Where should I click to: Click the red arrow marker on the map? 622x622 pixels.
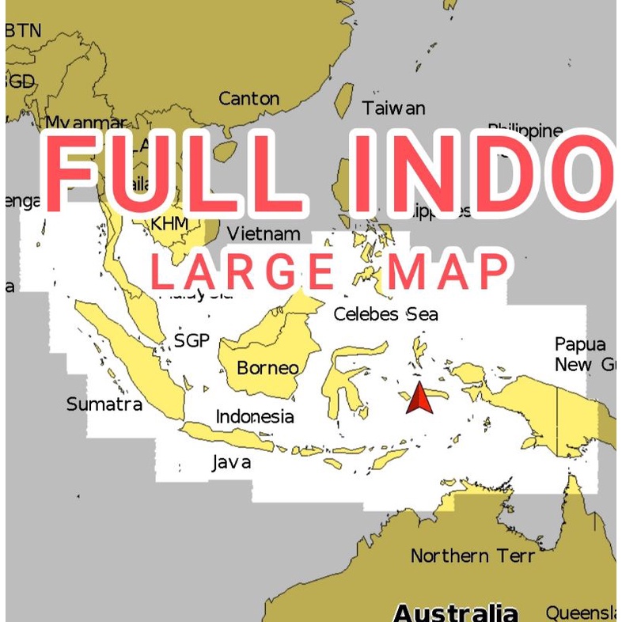[x=419, y=398]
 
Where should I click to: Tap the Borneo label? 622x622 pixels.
[x=267, y=368]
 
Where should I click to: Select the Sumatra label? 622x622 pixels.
[x=104, y=404]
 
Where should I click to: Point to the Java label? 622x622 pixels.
[x=231, y=462]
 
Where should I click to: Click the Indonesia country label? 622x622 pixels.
[x=255, y=417]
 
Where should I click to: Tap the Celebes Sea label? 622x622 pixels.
[x=385, y=314]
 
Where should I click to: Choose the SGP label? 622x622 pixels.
[x=192, y=341]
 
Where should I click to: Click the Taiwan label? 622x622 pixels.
[x=393, y=108]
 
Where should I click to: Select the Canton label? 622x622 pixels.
[x=248, y=99]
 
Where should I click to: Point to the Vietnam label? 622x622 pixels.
[x=264, y=233]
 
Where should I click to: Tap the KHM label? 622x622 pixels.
[x=169, y=223]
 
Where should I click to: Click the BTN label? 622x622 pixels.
[x=23, y=31]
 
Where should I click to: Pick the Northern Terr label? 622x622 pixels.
[x=472, y=556]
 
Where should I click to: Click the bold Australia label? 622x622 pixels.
[x=455, y=612]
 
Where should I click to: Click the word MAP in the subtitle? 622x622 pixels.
[x=448, y=271]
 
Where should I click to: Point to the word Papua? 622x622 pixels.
[x=580, y=344]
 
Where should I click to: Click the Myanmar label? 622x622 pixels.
[x=85, y=123]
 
